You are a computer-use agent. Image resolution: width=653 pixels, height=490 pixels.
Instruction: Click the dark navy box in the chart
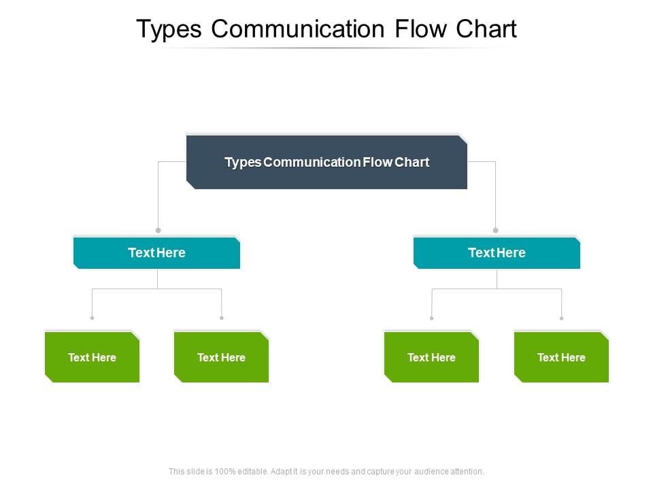coord(326,162)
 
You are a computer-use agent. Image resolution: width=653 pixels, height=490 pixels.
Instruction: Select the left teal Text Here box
coord(156,253)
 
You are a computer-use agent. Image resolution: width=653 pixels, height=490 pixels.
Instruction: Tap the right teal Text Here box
coord(497,253)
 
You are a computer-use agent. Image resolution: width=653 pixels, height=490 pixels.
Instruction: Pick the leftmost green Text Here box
coord(92,357)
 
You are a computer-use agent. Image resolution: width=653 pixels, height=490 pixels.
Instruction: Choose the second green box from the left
coord(221,357)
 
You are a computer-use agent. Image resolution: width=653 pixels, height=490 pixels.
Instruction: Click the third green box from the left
coord(431,357)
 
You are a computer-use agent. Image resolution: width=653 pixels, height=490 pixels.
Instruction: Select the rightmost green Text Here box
coord(561,357)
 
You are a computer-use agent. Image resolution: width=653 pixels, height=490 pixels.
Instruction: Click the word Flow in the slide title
coord(420,29)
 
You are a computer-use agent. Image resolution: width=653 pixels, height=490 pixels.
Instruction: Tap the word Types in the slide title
coord(169,30)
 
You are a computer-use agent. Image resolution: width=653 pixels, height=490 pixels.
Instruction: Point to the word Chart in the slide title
coord(486,29)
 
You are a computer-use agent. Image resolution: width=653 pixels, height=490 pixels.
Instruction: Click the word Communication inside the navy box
coord(312,162)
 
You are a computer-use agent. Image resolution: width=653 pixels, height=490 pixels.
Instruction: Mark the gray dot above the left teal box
coord(158,231)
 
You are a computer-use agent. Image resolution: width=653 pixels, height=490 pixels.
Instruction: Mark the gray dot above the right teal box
coord(496,231)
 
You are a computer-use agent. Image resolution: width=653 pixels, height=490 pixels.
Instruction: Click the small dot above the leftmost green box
coord(92,318)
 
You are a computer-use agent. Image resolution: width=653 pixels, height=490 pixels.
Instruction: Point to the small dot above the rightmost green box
coord(562,318)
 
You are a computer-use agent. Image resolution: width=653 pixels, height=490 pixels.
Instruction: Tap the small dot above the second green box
coord(222,318)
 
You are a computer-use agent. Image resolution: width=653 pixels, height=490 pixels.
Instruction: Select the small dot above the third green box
coord(431,318)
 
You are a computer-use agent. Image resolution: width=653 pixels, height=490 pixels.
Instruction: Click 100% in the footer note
coord(225,471)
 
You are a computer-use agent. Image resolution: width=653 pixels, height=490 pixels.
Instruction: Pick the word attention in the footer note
coord(467,471)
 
